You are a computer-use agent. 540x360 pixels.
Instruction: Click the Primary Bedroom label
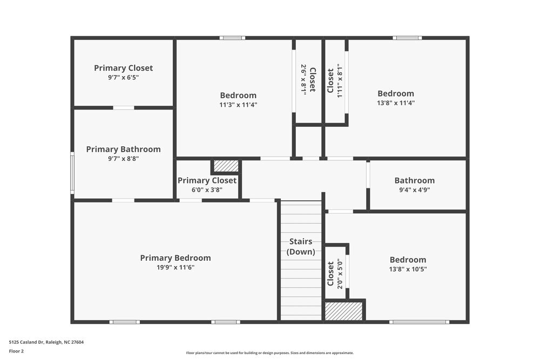(175, 258)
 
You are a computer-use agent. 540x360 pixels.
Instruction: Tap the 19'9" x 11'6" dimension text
(175, 267)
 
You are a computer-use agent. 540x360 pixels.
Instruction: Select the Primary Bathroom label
(123, 150)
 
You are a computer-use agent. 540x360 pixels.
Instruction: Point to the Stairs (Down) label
(300, 247)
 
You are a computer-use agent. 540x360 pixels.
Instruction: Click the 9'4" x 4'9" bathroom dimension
(414, 190)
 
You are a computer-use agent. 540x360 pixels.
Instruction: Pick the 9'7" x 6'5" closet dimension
(123, 77)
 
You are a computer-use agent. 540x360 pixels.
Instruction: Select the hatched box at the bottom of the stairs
(343, 311)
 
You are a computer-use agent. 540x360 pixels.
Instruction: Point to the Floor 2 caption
(16, 351)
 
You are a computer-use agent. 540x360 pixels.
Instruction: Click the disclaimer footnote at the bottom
(270, 352)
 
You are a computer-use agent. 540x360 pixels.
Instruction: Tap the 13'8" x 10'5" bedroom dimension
(408, 269)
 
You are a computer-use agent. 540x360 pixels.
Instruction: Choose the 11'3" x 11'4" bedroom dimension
(238, 105)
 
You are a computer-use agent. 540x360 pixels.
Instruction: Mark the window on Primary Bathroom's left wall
(72, 173)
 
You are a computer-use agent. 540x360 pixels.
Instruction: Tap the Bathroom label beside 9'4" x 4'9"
(414, 181)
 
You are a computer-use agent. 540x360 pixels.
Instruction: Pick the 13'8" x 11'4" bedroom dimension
(396, 103)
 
